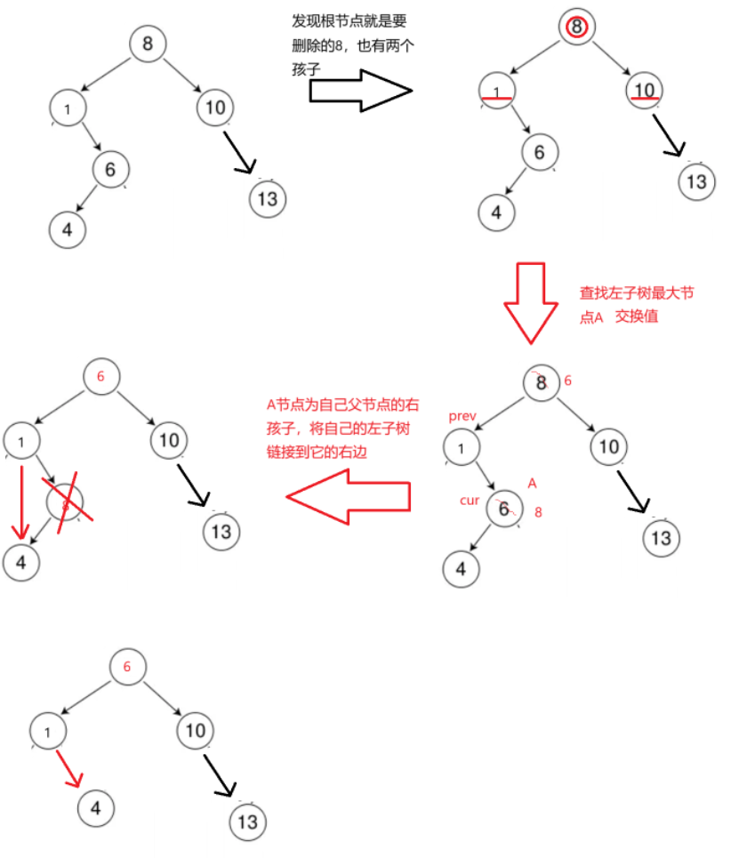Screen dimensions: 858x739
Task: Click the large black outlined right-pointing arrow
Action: click(360, 91)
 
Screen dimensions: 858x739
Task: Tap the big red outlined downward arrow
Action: click(531, 302)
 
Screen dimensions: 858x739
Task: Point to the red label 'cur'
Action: click(470, 501)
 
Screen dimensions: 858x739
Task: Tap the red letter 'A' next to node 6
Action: click(532, 483)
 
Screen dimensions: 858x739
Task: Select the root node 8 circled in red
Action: click(576, 28)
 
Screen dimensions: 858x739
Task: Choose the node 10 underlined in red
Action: click(644, 90)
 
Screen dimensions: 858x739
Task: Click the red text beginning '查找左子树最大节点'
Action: click(620, 303)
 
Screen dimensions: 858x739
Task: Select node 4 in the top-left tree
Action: click(67, 229)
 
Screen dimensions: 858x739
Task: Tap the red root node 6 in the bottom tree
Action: click(127, 667)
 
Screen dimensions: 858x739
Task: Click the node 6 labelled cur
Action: click(503, 509)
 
